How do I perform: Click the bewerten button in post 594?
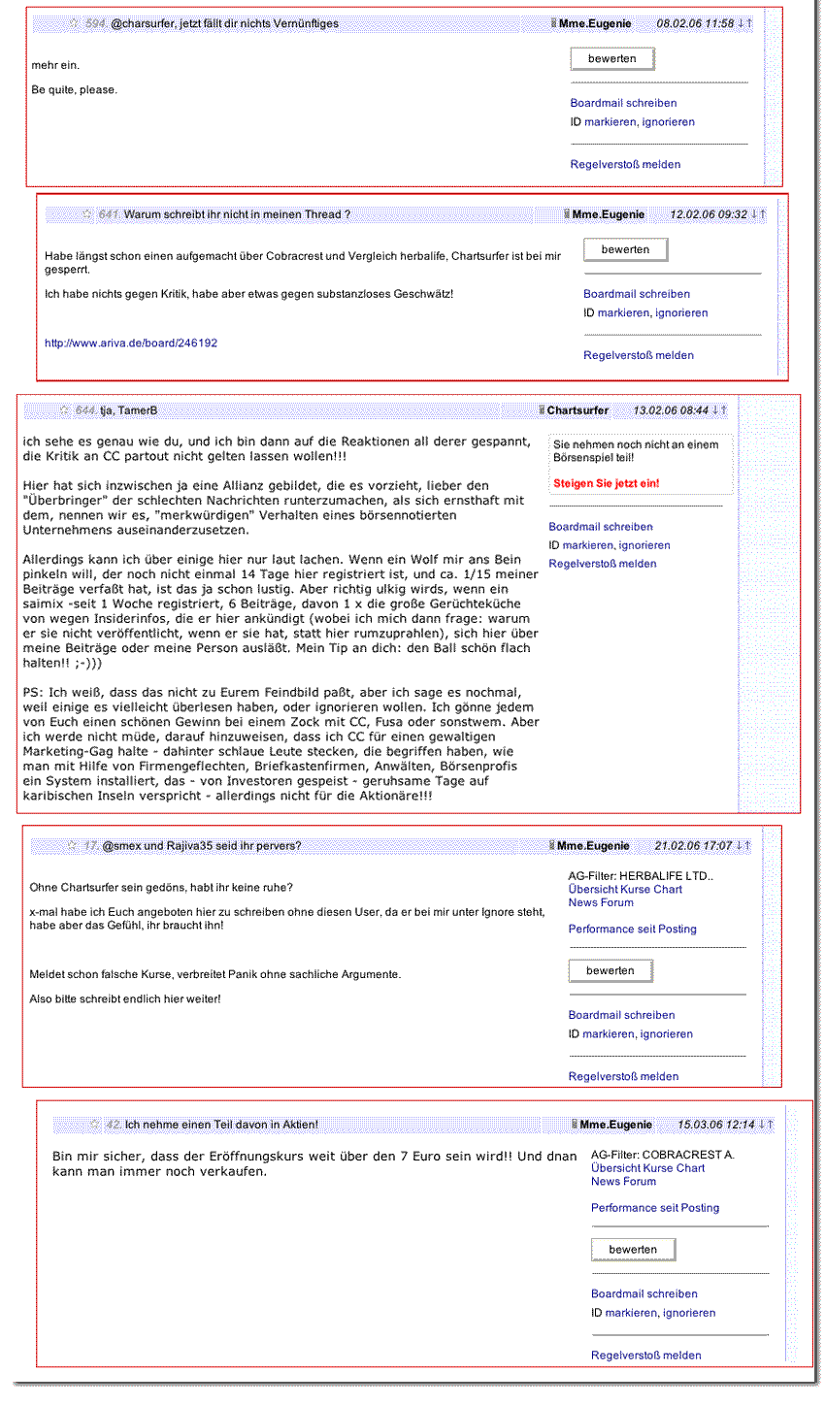pos(611,59)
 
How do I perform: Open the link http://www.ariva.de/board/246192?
pos(131,343)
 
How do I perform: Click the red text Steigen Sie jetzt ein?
pos(606,483)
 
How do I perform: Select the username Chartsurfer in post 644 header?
pos(577,410)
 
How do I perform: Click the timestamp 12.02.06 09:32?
pos(709,214)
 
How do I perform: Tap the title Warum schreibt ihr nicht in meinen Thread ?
pos(237,214)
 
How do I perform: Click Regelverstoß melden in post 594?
pos(625,165)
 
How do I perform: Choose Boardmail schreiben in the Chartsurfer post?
pos(601,527)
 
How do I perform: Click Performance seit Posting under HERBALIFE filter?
pos(632,930)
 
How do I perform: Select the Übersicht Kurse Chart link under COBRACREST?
pos(647,1168)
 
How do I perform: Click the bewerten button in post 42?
pos(633,1250)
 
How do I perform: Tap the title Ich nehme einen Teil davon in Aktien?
pos(221,1125)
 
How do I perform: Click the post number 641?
pos(108,214)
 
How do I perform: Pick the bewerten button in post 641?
pos(625,250)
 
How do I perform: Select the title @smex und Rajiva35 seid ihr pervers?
pos(201,846)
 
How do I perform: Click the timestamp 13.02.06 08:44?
pos(671,410)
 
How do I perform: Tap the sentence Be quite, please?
pos(75,90)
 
